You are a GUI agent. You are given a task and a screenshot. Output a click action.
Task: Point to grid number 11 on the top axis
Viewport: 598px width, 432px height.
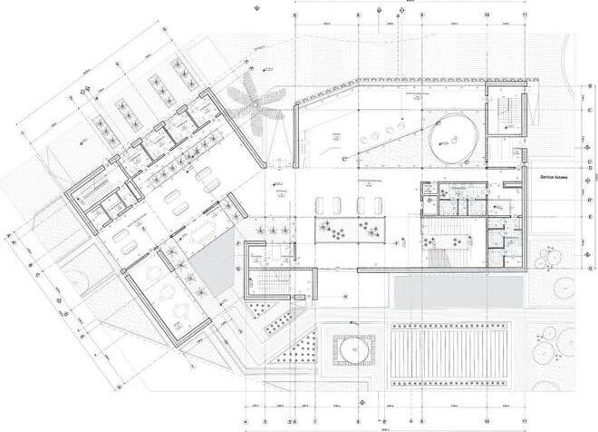pos(526,15)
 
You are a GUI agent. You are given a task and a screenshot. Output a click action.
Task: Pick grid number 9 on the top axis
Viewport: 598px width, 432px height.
pos(422,15)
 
